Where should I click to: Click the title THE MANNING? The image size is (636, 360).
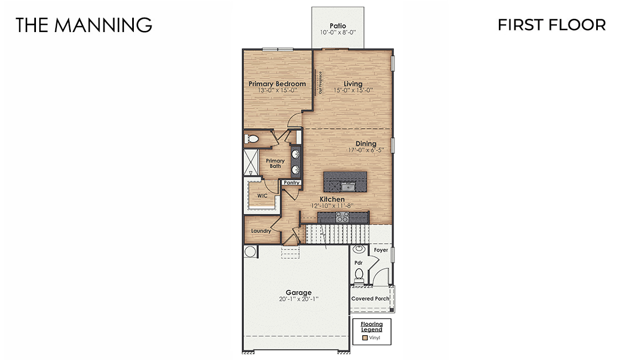click(84, 25)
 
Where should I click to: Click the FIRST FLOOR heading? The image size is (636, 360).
click(551, 25)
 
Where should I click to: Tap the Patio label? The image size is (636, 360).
click(337, 25)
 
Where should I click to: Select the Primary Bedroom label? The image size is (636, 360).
click(277, 84)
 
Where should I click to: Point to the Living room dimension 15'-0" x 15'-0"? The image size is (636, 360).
click(353, 90)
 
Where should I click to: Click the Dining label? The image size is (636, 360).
click(366, 144)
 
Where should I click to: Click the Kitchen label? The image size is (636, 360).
click(332, 199)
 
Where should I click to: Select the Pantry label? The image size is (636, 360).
click(291, 182)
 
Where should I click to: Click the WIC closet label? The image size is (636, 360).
click(262, 196)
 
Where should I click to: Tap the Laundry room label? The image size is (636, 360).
click(261, 231)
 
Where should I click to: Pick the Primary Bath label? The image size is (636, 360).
click(275, 163)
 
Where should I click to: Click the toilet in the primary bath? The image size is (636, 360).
click(252, 139)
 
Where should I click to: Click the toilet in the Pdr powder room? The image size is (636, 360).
click(359, 274)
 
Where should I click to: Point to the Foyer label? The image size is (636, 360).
click(381, 250)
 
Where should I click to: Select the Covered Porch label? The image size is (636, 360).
click(371, 299)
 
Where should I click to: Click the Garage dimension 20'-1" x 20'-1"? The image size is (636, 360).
click(299, 299)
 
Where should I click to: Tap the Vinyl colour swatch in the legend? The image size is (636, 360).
click(365, 337)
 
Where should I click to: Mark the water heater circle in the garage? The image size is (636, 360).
click(250, 252)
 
